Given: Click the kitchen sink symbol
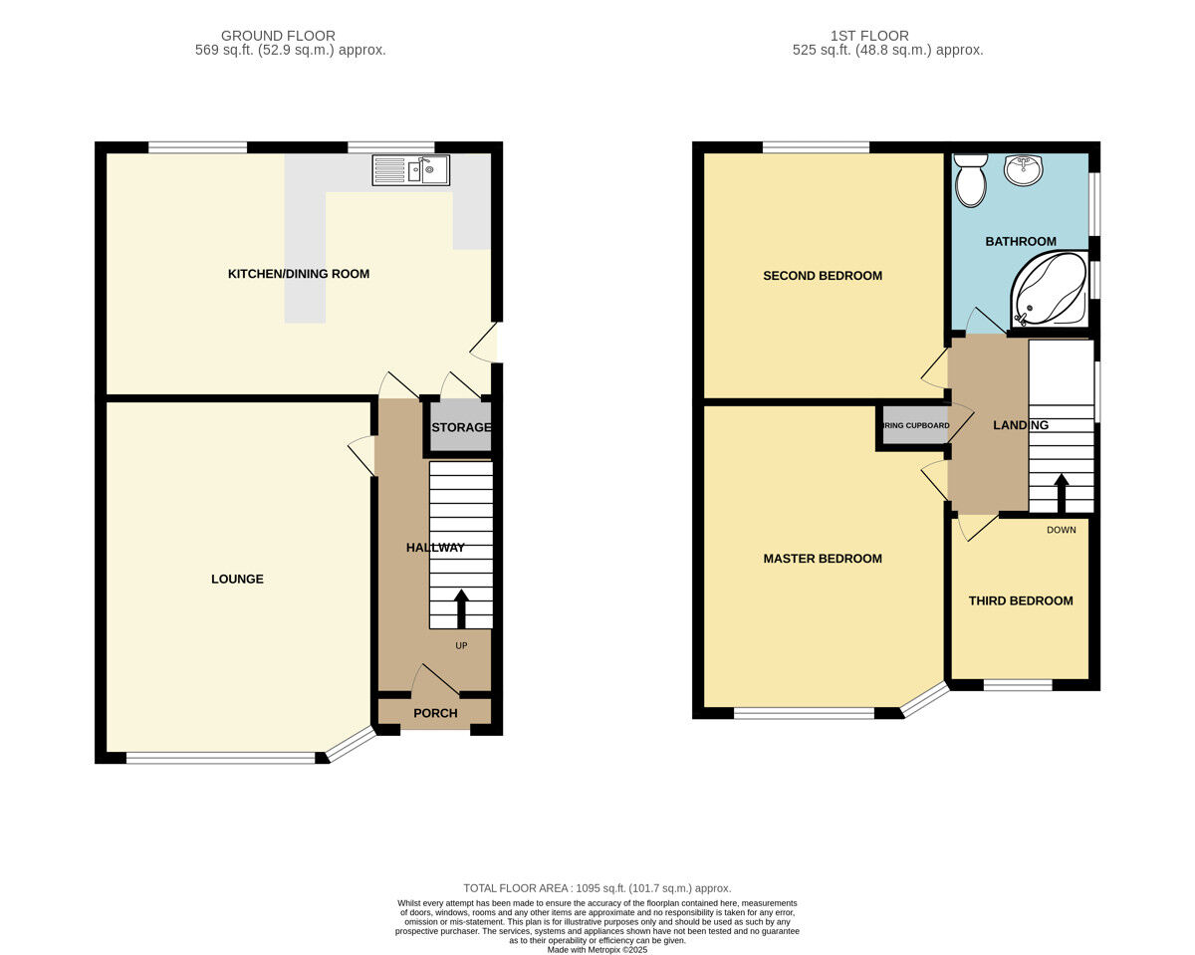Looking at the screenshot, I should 410,170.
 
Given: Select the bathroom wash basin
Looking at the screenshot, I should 1023,170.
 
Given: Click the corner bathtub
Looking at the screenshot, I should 1050,290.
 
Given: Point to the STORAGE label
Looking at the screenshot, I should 461,428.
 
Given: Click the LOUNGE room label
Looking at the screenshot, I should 237,579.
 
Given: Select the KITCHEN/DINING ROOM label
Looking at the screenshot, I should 299,274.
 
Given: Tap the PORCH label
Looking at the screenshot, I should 435,713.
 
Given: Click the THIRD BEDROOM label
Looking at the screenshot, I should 1021,600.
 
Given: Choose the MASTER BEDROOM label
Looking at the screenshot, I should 823,559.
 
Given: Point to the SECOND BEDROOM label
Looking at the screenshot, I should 823,276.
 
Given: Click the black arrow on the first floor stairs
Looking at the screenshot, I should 1062,492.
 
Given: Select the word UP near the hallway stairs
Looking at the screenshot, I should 461,645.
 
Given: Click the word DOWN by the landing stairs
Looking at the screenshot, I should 1062,530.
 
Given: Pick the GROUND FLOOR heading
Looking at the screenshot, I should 278,36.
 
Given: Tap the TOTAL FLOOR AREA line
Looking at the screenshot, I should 597,888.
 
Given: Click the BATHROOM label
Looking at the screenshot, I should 1021,242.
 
